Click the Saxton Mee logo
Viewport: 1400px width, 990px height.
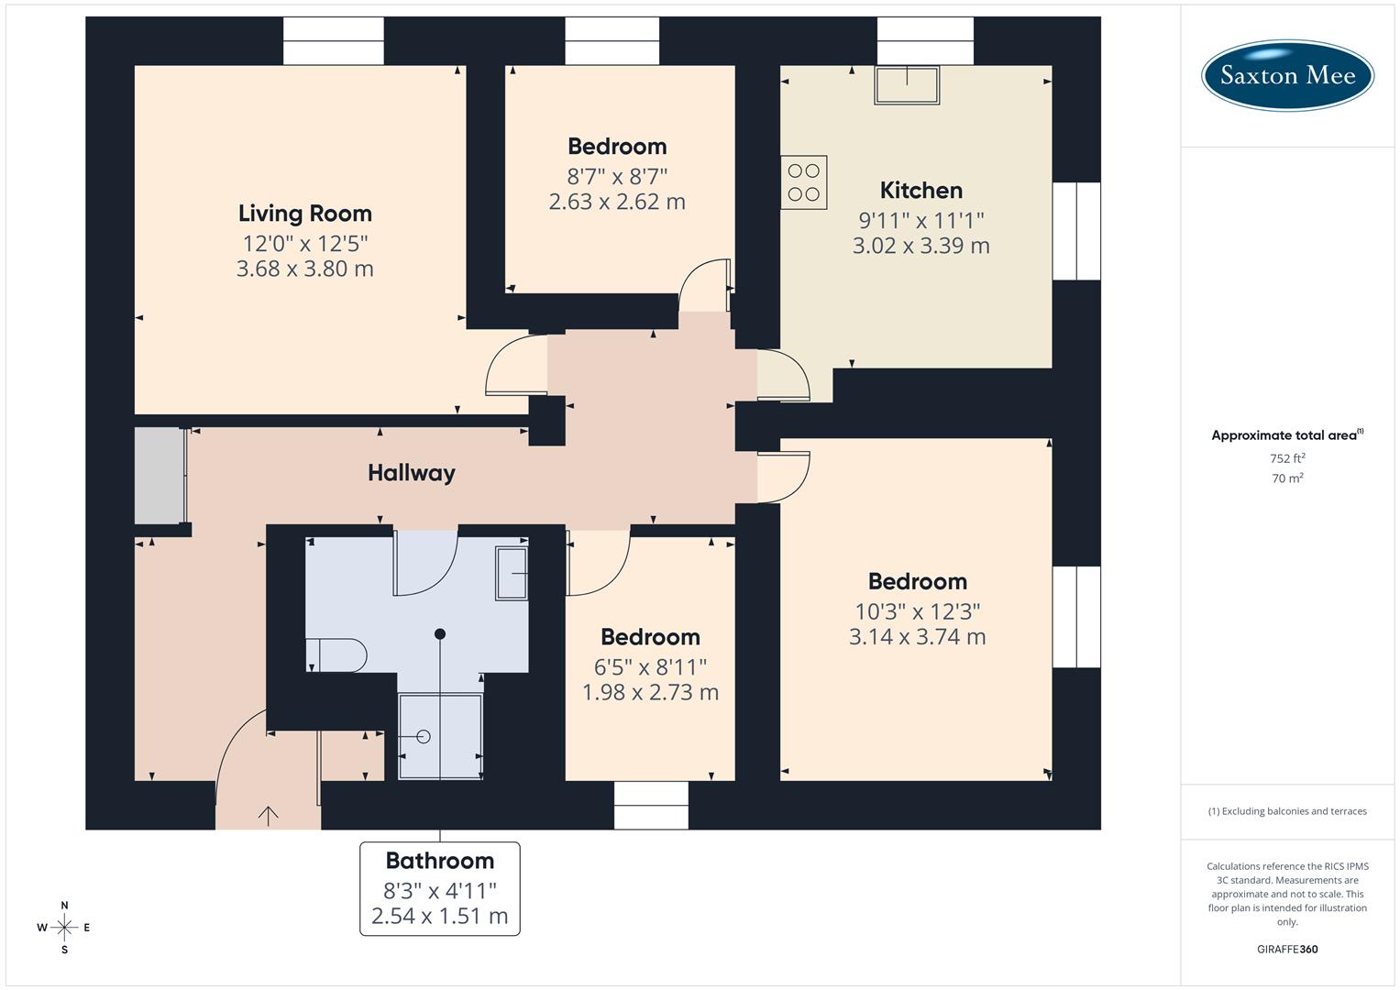pos(1287,75)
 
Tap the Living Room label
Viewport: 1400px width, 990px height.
pos(304,214)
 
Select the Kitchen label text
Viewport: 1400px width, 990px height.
pos(920,191)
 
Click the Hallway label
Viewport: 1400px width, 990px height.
pos(411,473)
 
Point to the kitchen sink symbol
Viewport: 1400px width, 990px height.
pos(906,84)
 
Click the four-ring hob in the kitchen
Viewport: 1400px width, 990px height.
pos(803,182)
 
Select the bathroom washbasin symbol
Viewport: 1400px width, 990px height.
pos(512,573)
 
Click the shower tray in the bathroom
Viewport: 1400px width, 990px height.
pos(440,737)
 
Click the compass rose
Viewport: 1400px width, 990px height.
pos(64,928)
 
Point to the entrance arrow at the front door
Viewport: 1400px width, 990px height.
pos(268,814)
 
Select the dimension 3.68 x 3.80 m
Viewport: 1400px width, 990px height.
pos(304,269)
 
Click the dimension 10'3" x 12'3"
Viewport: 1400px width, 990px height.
pos(917,611)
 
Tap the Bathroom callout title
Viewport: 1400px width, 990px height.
pos(439,861)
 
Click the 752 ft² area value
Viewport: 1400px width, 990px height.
pos(1286,458)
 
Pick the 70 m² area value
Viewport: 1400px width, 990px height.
pos(1286,478)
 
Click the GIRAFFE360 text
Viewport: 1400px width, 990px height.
pos(1286,949)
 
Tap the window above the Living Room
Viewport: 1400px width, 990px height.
pos(333,41)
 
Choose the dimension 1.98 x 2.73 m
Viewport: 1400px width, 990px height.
pos(650,692)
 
